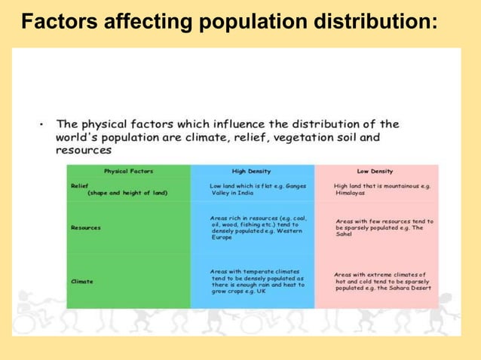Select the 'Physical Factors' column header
point(128,172)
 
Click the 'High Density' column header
point(251,172)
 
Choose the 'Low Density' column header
point(375,172)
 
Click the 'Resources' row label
point(86,227)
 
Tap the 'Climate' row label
point(82,282)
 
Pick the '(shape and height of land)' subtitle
point(127,193)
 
